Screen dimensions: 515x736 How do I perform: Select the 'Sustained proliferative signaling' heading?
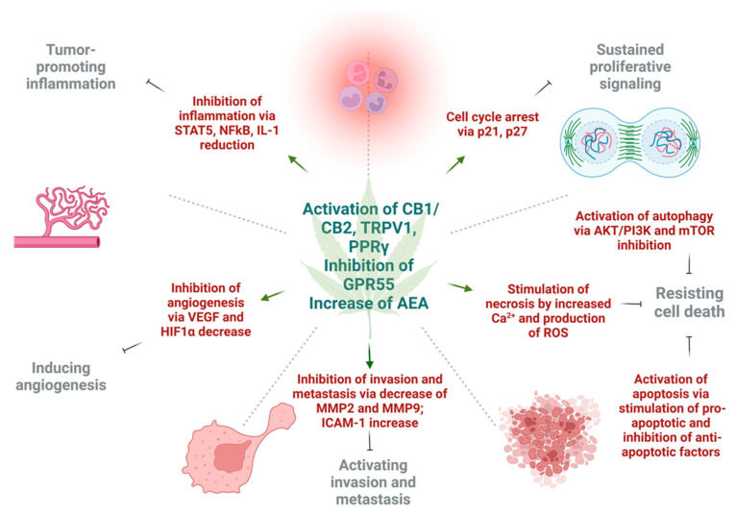(x=639, y=59)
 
